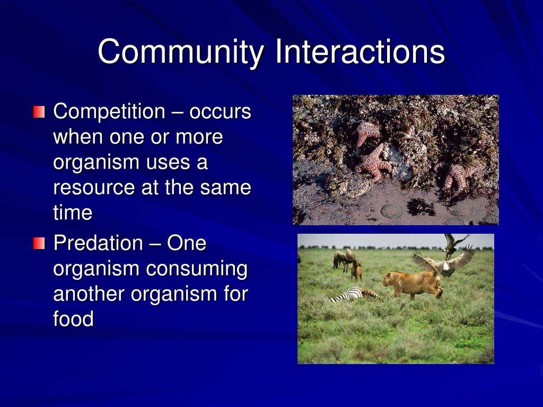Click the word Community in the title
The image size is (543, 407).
[x=180, y=52]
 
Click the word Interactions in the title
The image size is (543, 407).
[x=360, y=52]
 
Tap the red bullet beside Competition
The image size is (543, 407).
[x=39, y=112]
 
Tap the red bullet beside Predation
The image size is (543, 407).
[x=39, y=244]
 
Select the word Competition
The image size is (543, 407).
[x=109, y=112]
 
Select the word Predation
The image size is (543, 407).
[x=98, y=244]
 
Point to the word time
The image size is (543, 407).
[x=73, y=213]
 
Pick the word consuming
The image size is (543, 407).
[x=197, y=269]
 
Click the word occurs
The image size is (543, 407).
[x=220, y=112]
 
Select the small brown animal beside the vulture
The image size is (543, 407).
[x=356, y=271]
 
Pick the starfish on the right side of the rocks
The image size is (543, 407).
[x=457, y=175]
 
